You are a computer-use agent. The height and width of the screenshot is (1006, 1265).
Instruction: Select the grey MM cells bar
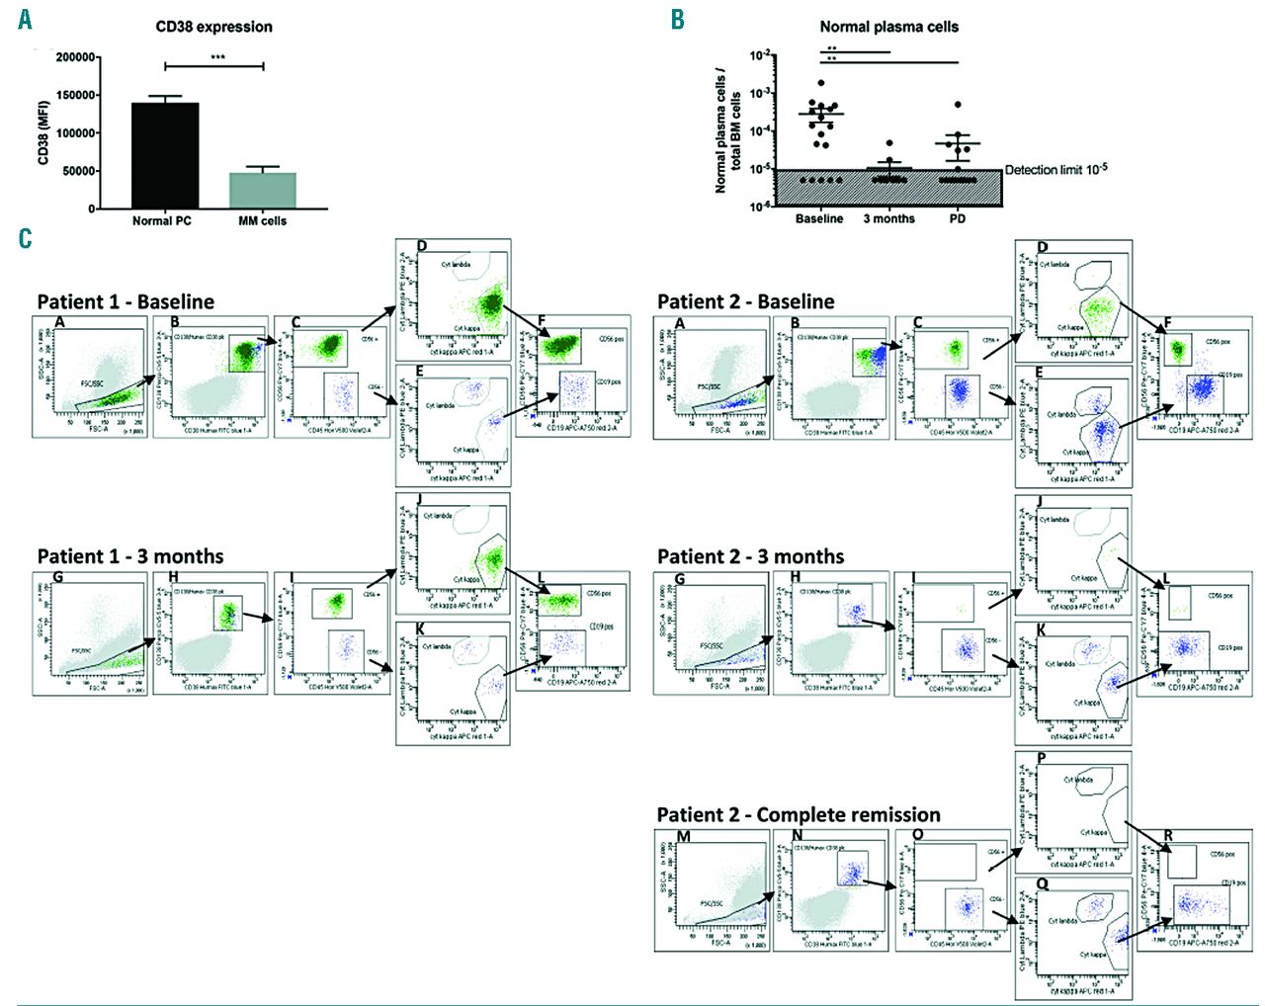(x=262, y=191)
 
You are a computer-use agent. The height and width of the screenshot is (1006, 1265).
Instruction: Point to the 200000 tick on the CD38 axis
(x=76, y=57)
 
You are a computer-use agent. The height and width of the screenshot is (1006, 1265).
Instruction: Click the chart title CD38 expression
(x=213, y=27)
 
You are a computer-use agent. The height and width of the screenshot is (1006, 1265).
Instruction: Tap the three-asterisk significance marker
(x=217, y=57)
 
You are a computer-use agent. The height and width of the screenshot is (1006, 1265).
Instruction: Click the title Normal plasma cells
(x=888, y=27)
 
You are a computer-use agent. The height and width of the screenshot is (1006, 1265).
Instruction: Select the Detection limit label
(x=1055, y=170)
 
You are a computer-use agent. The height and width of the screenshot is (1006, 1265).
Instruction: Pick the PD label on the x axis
(x=957, y=218)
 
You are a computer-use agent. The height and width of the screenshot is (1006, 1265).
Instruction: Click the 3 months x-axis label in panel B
(x=888, y=218)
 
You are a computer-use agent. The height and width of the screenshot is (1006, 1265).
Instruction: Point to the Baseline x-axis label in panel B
(x=819, y=218)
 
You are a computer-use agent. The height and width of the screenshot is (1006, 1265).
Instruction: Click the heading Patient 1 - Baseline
(x=126, y=301)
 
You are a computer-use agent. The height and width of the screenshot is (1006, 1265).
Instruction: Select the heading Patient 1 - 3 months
(x=130, y=556)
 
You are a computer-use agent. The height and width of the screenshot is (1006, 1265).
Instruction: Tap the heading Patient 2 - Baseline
(x=745, y=301)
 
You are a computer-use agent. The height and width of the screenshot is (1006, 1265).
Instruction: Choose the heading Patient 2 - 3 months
(x=750, y=556)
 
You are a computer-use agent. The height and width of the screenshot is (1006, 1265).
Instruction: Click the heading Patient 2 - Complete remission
(x=799, y=814)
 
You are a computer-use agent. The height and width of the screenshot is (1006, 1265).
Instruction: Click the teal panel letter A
(x=25, y=19)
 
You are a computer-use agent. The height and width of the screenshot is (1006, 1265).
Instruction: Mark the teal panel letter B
(x=677, y=19)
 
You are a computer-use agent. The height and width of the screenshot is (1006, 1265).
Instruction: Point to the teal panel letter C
(x=25, y=238)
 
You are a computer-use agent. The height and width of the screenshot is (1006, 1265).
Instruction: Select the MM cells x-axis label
(x=262, y=221)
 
